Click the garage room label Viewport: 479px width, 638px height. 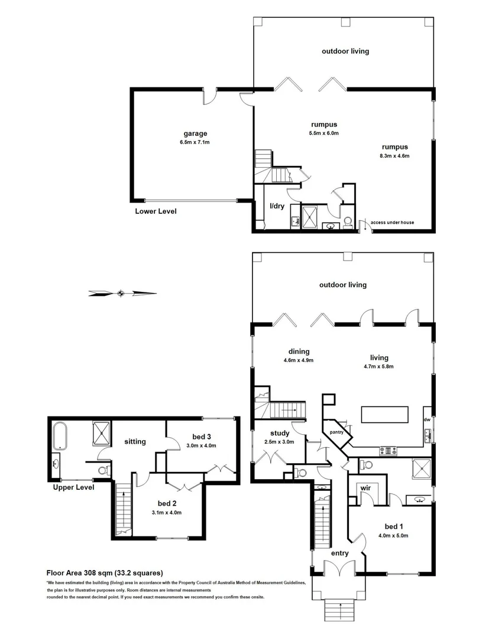pos(195,134)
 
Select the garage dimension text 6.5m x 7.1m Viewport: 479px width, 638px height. pos(195,142)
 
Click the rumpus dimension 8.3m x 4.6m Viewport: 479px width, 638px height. pos(395,156)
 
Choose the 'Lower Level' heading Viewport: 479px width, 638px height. pos(156,211)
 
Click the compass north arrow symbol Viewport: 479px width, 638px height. pos(121,292)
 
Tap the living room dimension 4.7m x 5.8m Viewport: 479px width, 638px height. pos(379,366)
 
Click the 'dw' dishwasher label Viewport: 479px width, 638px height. pos(427,419)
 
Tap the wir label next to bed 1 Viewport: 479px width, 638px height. pos(365,488)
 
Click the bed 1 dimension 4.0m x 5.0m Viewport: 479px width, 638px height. pos(394,536)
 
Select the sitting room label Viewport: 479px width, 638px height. pos(135,441)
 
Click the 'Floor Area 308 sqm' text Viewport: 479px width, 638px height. pos(105,572)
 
